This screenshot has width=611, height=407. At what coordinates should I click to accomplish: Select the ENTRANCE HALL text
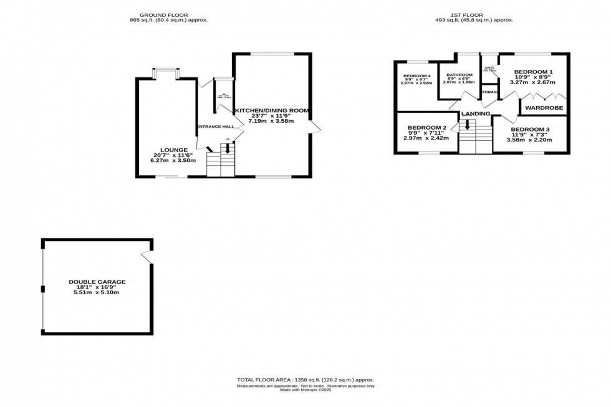pos(214,127)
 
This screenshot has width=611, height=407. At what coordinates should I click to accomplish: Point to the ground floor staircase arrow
pos(228,149)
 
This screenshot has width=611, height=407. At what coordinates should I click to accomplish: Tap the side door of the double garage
pos(147,256)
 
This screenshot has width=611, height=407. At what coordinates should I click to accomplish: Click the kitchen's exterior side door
pos(315,127)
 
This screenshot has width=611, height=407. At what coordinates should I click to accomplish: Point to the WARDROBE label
pos(543,108)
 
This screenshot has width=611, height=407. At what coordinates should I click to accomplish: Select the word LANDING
pos(476,113)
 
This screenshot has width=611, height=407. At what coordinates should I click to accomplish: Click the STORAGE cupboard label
pos(489,92)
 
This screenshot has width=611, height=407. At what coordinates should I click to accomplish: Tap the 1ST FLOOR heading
pos(474,14)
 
